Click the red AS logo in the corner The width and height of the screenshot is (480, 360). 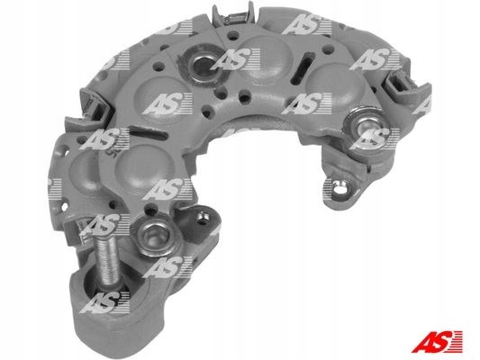coord(437,341)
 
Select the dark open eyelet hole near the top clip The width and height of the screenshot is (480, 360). coord(201,64)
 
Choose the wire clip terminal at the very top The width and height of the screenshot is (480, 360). coord(232,14)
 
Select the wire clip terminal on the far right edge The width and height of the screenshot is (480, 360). coord(404,80)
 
